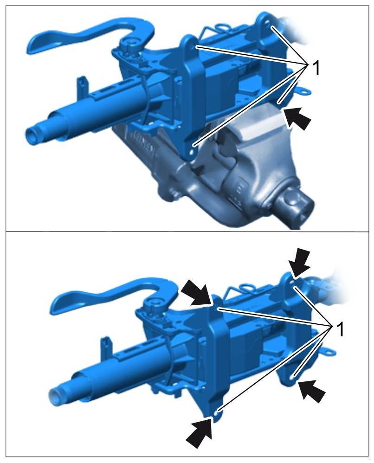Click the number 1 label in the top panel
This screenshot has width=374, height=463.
316,69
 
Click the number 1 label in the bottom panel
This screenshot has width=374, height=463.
340,330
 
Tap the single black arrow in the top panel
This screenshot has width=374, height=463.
297,118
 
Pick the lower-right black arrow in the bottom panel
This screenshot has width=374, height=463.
312,391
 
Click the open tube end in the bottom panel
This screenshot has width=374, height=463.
55,395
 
